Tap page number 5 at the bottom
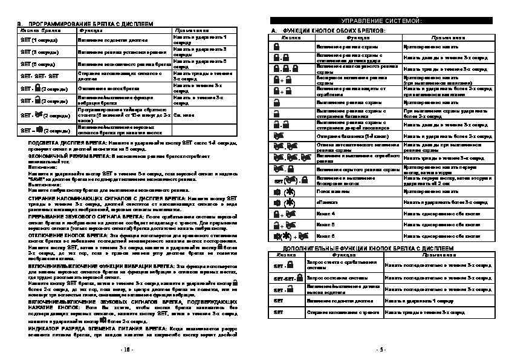380,349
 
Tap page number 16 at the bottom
125,349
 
